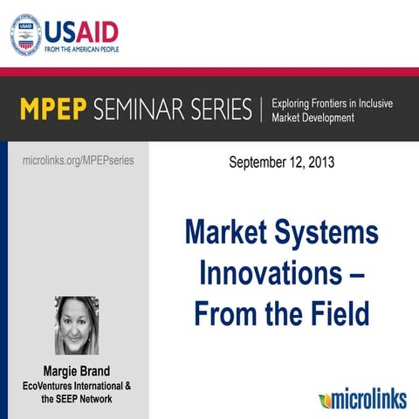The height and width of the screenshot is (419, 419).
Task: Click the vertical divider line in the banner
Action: [261, 110]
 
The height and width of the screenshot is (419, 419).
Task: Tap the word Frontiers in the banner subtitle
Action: [341, 103]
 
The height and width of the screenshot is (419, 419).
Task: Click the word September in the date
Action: [259, 162]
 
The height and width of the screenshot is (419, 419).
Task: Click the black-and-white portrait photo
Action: [77, 326]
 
